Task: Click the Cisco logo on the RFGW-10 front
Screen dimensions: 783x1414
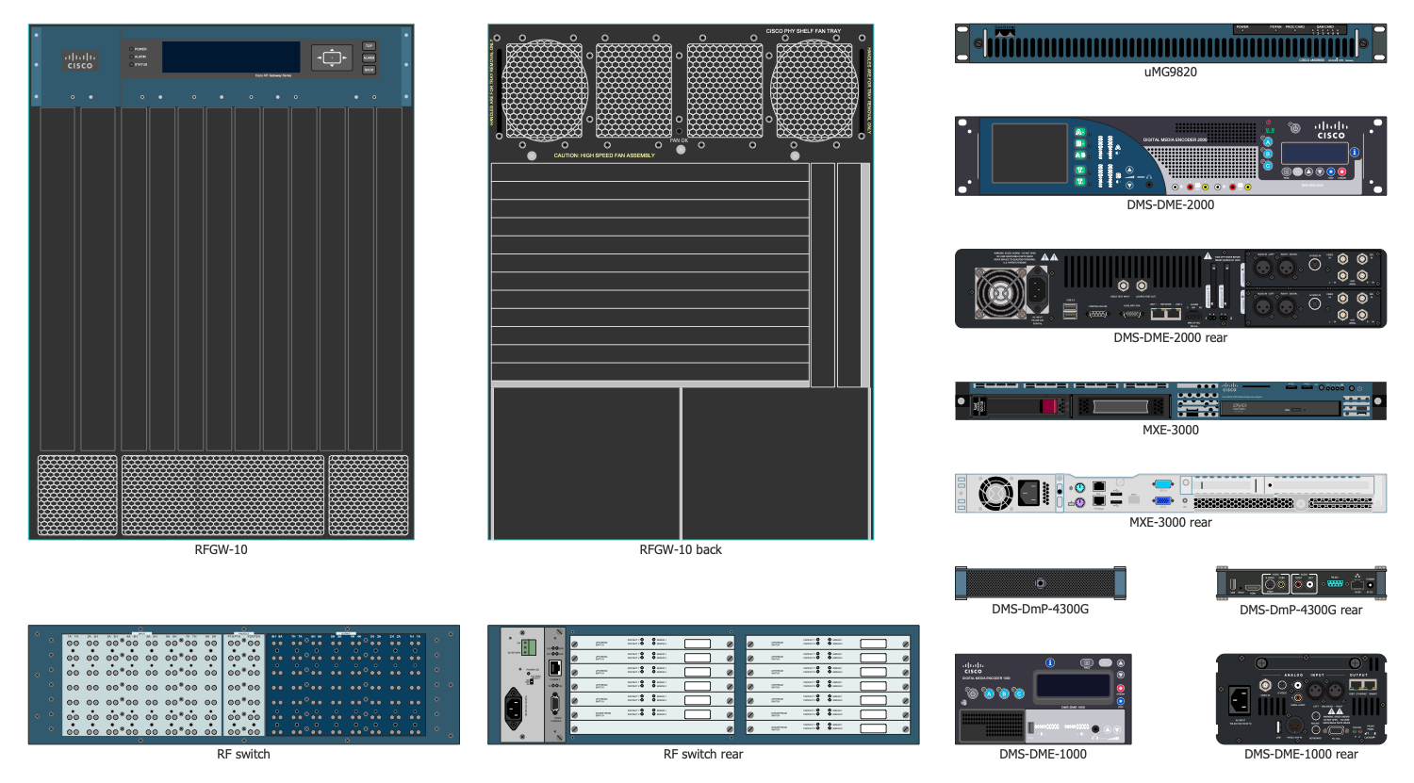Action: tap(80, 61)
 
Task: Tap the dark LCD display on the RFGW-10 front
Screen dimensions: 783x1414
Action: tap(231, 57)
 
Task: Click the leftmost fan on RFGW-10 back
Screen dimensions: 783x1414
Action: tap(544, 90)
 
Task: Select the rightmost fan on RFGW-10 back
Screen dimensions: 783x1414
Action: tap(814, 90)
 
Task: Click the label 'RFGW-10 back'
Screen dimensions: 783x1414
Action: tap(681, 549)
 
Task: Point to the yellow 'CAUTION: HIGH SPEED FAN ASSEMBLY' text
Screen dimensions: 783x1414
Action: tap(604, 155)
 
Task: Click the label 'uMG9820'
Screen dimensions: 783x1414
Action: tap(1170, 72)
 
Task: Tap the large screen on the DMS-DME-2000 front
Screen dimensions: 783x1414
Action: tap(1028, 153)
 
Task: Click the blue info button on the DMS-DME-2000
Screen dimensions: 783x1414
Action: tap(1355, 152)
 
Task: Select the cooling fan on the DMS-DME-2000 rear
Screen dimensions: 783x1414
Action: tap(998, 292)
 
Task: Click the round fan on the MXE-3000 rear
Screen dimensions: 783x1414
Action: tap(995, 494)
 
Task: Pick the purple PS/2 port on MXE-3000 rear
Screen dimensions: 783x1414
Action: tap(1080, 502)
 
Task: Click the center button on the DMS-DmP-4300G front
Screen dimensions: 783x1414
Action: tap(1040, 583)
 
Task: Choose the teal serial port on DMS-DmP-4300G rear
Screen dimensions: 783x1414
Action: tap(1334, 584)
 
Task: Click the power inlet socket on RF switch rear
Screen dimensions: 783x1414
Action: tap(515, 707)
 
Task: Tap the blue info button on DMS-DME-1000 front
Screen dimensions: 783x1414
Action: tap(1050, 663)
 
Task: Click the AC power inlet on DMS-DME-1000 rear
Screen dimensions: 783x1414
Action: tap(1239, 699)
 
